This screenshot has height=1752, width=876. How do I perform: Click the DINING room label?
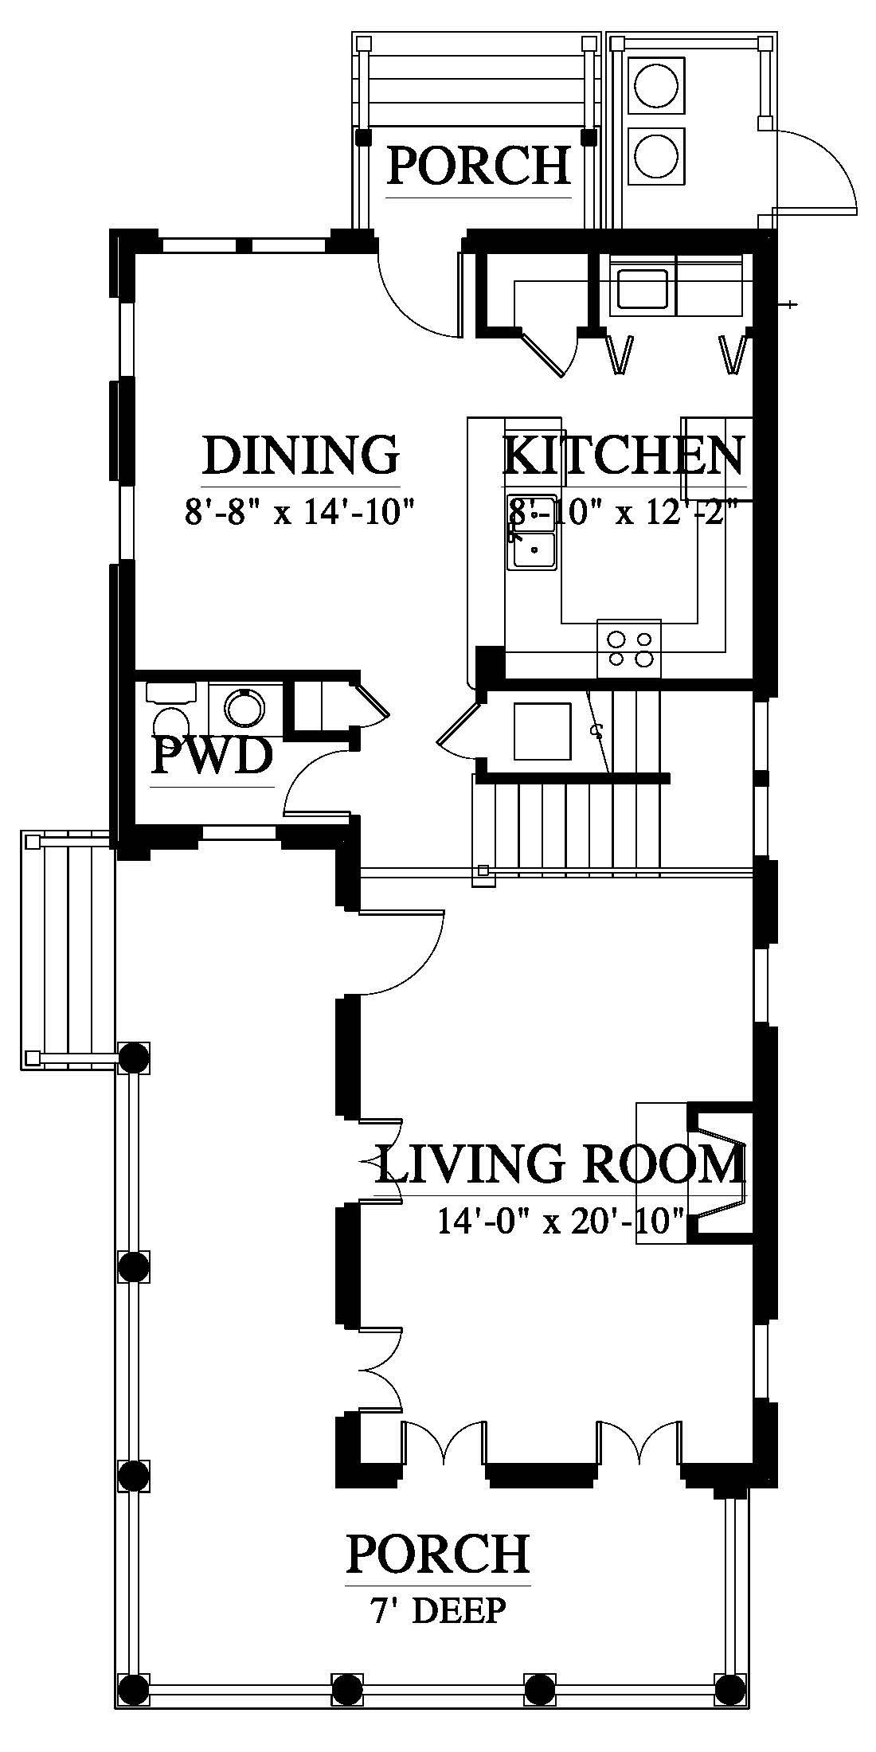click(300, 456)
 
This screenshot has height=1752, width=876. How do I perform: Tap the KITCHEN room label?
click(624, 456)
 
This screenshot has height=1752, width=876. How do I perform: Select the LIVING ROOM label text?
click(560, 1164)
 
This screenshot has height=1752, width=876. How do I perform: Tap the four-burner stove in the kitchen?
click(629, 648)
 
